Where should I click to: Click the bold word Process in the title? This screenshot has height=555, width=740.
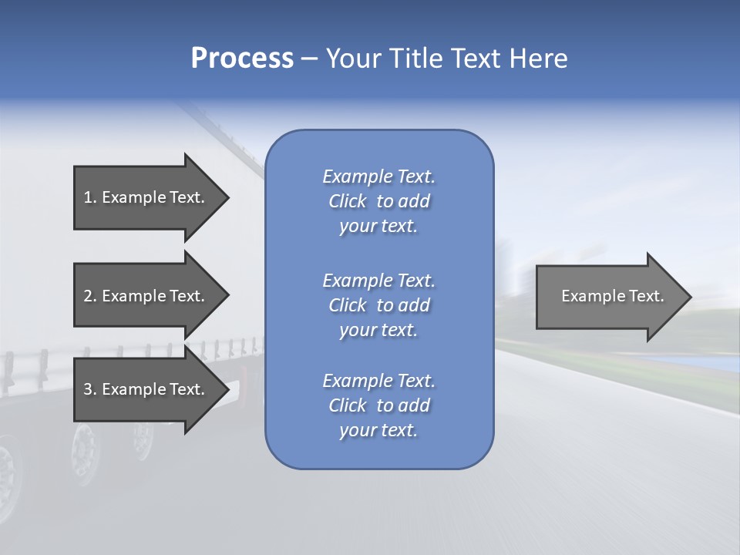(x=242, y=59)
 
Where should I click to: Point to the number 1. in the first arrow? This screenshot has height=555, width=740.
(x=90, y=197)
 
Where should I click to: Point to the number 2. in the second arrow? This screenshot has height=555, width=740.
(x=90, y=296)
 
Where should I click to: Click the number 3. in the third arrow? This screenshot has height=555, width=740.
(x=90, y=389)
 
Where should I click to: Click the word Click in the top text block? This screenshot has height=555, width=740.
(x=348, y=201)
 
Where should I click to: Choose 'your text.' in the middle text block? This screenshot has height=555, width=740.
(x=378, y=330)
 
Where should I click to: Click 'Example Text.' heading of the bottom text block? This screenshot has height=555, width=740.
(x=378, y=381)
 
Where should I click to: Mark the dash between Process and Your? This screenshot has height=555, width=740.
(x=309, y=59)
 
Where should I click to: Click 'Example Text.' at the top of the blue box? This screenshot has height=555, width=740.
(x=378, y=177)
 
